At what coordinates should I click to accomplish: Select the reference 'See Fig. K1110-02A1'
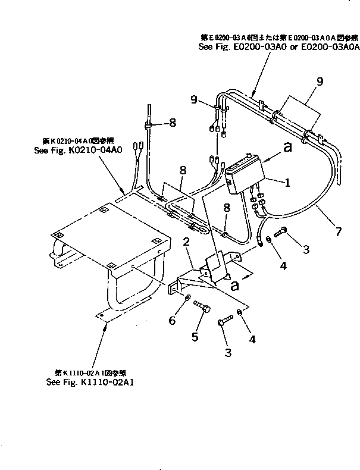pyautogui.click(x=90, y=383)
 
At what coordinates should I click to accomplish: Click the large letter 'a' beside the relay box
pyautogui.click(x=287, y=148)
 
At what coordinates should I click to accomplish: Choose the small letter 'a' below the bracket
pyautogui.click(x=235, y=285)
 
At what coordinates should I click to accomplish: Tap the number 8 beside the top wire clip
pyautogui.click(x=172, y=123)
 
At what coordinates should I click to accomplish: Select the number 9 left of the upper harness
pyautogui.click(x=193, y=99)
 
